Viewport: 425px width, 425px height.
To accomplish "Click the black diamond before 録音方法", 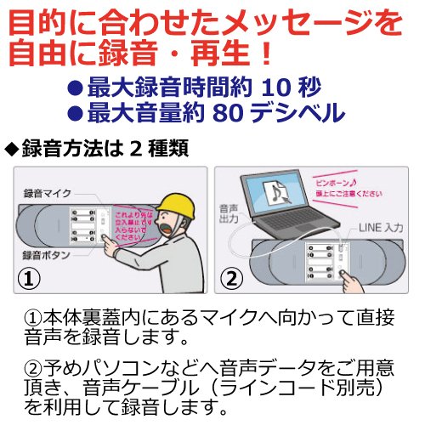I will [11, 148].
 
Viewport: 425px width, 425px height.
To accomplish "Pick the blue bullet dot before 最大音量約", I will [75, 112].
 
